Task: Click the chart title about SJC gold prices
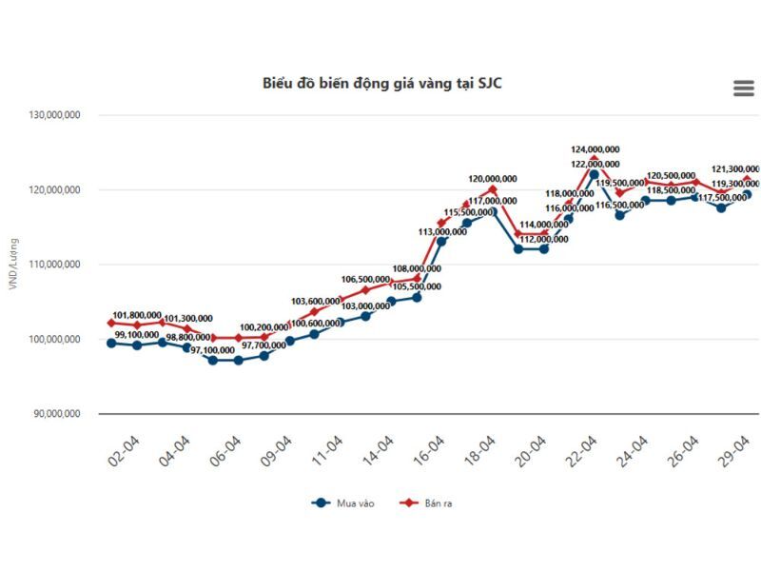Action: coord(382,83)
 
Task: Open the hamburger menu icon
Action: coord(743,89)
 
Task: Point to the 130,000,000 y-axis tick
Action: coord(54,115)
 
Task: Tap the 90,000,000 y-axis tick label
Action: coord(56,414)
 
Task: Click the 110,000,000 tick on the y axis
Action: coord(54,265)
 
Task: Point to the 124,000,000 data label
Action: coord(595,149)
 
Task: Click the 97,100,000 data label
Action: coord(212,350)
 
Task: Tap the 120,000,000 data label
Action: coord(493,179)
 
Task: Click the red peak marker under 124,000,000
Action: coord(595,160)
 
